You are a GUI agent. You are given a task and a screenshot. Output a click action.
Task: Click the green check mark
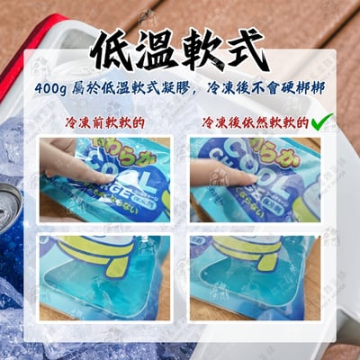(x=317, y=121)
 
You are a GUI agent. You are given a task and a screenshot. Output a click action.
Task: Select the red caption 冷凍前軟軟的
(x=105, y=121)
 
